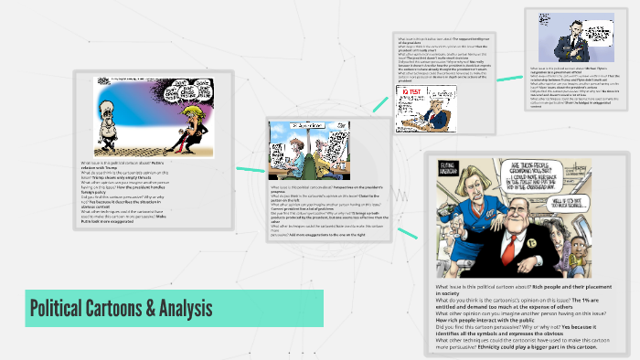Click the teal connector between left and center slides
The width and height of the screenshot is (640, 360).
[x=250, y=170]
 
